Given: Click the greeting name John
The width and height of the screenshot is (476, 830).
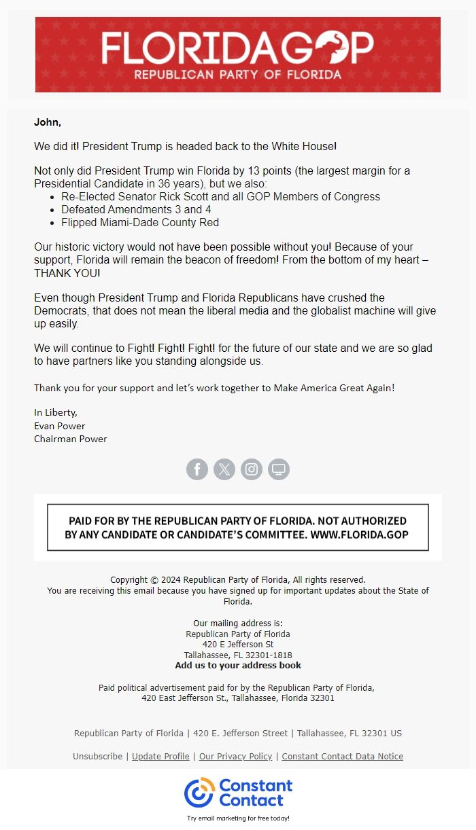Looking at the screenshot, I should click(x=48, y=122).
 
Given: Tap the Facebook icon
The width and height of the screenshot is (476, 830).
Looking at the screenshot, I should click(x=197, y=469).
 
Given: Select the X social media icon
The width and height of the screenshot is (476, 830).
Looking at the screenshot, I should click(x=224, y=469).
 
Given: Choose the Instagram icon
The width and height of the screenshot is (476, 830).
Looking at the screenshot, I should click(x=252, y=469).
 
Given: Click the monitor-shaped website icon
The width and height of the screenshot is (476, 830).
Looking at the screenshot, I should click(x=279, y=469).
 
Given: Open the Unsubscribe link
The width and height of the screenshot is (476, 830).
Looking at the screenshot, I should click(x=97, y=756).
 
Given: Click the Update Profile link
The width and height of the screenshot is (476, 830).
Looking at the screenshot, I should click(x=160, y=756).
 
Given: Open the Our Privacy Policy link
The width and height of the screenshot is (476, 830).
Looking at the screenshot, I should click(x=235, y=756).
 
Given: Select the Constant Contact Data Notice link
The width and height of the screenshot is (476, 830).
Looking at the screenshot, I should click(x=342, y=756).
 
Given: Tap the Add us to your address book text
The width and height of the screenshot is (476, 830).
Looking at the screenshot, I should click(x=238, y=666).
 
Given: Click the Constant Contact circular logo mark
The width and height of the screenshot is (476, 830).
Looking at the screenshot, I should click(x=199, y=793).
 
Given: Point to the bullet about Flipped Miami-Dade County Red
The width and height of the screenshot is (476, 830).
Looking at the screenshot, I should click(x=140, y=222).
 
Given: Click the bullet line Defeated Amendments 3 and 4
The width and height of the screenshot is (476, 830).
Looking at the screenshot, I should click(x=136, y=209).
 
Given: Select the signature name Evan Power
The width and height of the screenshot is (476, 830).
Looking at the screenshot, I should click(x=60, y=426).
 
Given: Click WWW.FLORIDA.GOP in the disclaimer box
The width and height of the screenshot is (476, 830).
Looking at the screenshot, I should click(x=359, y=535).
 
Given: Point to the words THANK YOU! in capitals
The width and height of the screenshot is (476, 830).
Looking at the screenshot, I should click(x=67, y=272).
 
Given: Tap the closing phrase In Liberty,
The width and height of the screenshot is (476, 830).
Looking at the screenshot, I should click(x=56, y=412).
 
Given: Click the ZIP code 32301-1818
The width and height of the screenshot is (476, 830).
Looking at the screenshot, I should click(x=269, y=655).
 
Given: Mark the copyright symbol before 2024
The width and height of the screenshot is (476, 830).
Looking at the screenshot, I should click(x=154, y=580).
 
